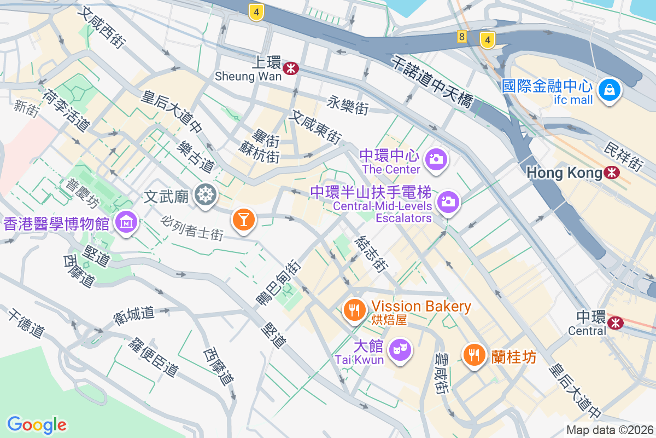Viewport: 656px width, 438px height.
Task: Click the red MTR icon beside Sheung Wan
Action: pos(290,68)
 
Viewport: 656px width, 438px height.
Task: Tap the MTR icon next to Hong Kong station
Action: pos(612,173)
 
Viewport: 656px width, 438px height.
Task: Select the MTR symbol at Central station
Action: pos(616,322)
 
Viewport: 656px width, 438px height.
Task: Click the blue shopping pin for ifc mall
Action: pos(608,89)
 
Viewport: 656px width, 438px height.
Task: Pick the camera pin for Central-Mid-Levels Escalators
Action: pos(448,201)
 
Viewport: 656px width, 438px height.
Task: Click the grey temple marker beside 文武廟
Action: pos(206,194)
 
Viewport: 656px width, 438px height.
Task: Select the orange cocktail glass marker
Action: pos(243,219)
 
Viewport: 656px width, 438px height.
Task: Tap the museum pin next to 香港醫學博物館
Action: pos(126,222)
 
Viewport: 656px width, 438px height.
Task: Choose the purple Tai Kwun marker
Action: pos(400,349)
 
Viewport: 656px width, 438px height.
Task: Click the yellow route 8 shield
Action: pos(462,37)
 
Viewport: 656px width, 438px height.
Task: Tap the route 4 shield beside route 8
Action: pos(487,39)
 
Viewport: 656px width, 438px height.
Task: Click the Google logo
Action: pos(37,424)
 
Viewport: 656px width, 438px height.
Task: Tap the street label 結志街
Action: pos(371,255)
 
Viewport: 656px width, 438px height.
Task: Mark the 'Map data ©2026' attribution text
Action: pos(609,430)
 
